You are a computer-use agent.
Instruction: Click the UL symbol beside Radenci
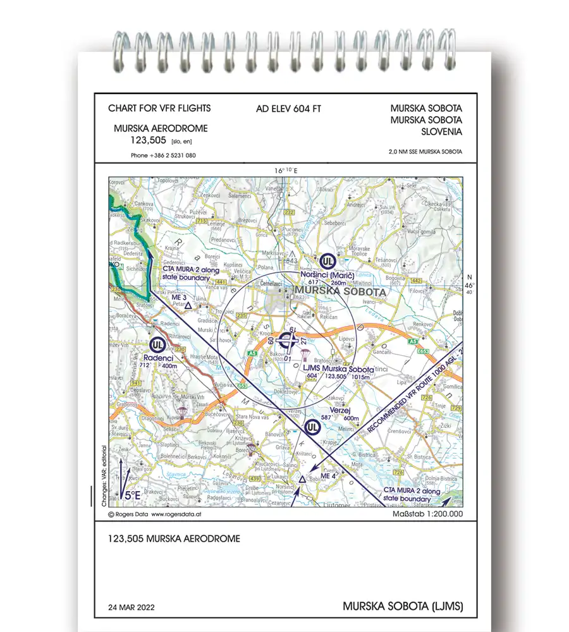pos(157,345)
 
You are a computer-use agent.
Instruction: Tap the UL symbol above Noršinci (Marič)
pos(327,260)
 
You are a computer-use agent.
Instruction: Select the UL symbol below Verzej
pos(312,428)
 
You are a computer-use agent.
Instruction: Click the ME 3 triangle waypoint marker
pos(188,305)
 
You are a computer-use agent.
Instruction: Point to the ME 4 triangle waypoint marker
pos(302,480)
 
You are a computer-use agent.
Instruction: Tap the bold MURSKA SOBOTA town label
pos(337,293)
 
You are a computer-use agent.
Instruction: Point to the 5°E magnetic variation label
pos(132,495)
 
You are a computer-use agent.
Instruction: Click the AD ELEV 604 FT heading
pos(288,109)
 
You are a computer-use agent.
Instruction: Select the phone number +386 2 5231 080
pos(163,155)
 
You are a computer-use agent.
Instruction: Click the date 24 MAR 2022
pos(131,607)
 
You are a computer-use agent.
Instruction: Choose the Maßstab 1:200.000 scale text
pos(427,514)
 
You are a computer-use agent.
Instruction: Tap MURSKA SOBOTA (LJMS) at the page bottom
pos(403,606)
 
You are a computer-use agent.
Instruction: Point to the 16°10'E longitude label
pos(286,170)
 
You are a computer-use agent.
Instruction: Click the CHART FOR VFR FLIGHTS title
pos(159,108)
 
